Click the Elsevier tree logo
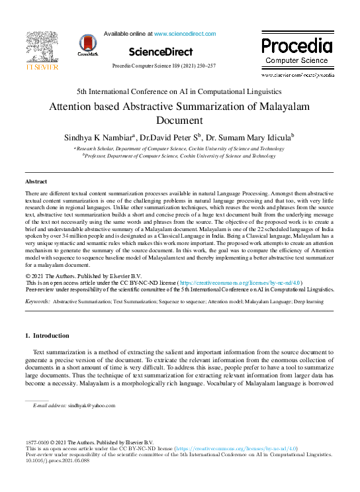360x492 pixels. [42, 46]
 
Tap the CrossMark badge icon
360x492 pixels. [87, 44]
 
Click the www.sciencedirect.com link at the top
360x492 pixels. [185, 33]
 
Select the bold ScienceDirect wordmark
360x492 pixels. [161, 52]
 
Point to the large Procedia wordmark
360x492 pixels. [296, 46]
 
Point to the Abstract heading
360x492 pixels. [36, 181]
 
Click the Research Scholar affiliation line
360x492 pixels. [180, 149]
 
